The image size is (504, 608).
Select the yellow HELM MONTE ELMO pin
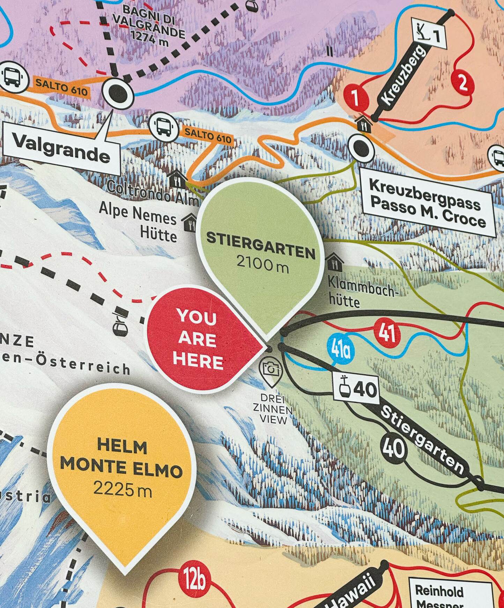coord(122,467)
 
